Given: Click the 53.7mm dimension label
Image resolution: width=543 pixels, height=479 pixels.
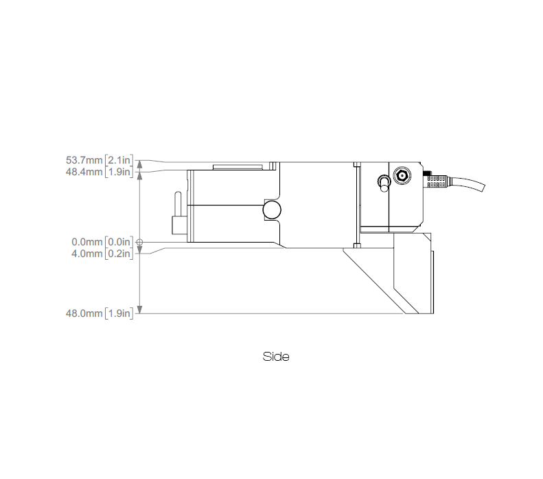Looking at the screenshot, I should pyautogui.click(x=84, y=160).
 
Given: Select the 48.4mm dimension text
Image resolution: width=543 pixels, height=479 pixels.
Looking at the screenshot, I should pyautogui.click(x=84, y=171).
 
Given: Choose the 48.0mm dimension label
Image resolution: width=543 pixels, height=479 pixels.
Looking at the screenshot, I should pyautogui.click(x=84, y=314).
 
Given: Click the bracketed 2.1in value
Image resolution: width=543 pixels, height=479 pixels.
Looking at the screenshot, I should pyautogui.click(x=119, y=160).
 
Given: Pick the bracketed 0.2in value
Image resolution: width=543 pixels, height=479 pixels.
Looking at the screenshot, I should pyautogui.click(x=119, y=253).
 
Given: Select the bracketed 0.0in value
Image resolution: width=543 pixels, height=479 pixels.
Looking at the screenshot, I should pyautogui.click(x=119, y=242).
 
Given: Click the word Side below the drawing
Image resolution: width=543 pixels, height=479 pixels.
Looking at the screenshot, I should pyautogui.click(x=276, y=357).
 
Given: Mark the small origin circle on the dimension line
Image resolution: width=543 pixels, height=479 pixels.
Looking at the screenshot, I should pyautogui.click(x=140, y=242).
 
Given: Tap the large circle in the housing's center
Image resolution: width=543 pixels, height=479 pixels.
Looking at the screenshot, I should pyautogui.click(x=272, y=211).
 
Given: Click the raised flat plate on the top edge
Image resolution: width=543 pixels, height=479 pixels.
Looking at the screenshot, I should pyautogui.click(x=237, y=166).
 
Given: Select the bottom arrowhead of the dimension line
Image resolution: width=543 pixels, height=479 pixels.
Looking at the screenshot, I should pyautogui.click(x=140, y=309).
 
